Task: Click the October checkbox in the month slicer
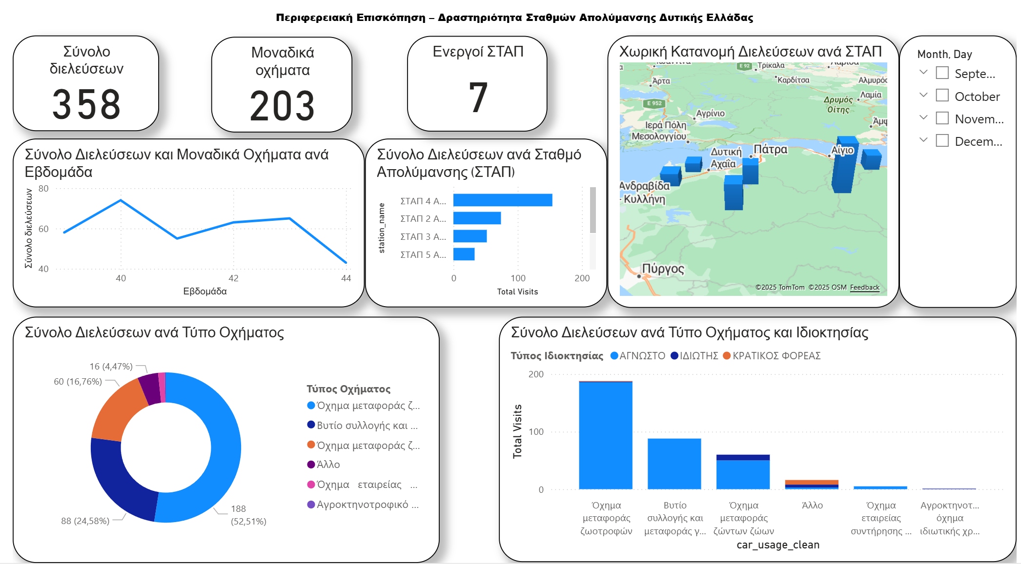click(x=942, y=96)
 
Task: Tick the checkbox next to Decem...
click(x=942, y=141)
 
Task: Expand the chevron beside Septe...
click(x=923, y=73)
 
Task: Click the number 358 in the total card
click(x=86, y=104)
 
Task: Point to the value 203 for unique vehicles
click(x=282, y=106)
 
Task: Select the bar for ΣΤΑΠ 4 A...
click(x=502, y=200)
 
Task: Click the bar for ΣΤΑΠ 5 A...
click(x=464, y=254)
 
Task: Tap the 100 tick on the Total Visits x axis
click(x=518, y=278)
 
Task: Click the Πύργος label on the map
click(x=663, y=269)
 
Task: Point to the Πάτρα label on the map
click(x=770, y=149)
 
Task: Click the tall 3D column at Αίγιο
click(x=843, y=168)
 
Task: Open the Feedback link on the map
click(x=864, y=288)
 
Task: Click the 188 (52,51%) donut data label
click(x=248, y=515)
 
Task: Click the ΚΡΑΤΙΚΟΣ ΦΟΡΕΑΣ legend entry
click(x=776, y=356)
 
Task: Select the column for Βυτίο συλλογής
click(x=674, y=464)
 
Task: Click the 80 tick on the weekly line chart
click(x=43, y=189)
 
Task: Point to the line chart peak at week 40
click(x=121, y=200)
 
